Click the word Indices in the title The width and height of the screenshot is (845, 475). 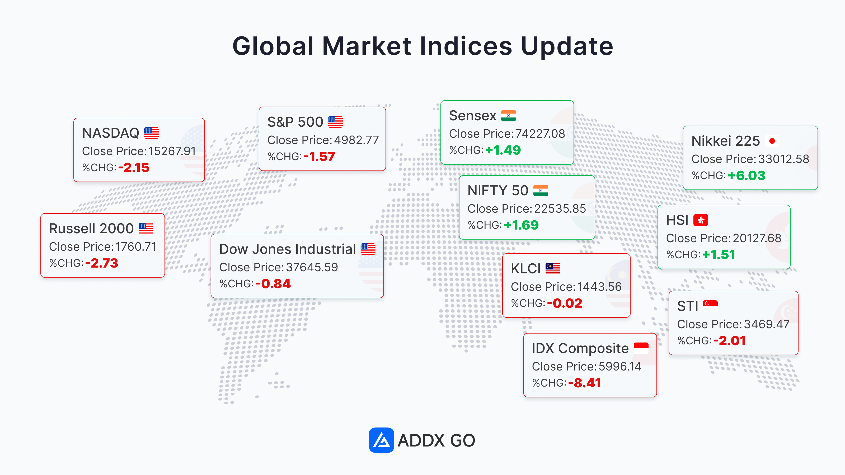click(466, 46)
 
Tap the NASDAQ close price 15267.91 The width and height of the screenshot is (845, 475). click(172, 151)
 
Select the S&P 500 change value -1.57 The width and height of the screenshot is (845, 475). click(319, 157)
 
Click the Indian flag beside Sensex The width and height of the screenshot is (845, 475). click(508, 115)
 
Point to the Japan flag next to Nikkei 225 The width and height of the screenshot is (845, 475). click(772, 141)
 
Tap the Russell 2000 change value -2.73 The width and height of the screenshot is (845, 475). click(102, 263)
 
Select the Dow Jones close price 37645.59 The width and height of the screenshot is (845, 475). click(312, 267)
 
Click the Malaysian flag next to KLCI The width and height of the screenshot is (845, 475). click(553, 268)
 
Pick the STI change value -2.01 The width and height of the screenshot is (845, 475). click(730, 341)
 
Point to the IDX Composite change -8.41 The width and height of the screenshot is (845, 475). click(585, 383)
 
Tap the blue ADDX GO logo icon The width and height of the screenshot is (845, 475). click(381, 440)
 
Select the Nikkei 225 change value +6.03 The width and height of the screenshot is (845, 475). click(747, 176)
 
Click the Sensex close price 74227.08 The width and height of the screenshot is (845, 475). click(540, 134)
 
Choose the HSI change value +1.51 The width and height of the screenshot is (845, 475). click(718, 255)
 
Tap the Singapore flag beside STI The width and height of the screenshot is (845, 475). click(710, 306)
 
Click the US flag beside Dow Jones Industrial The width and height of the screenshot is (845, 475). click(368, 249)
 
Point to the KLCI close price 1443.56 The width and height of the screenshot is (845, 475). click(599, 287)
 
